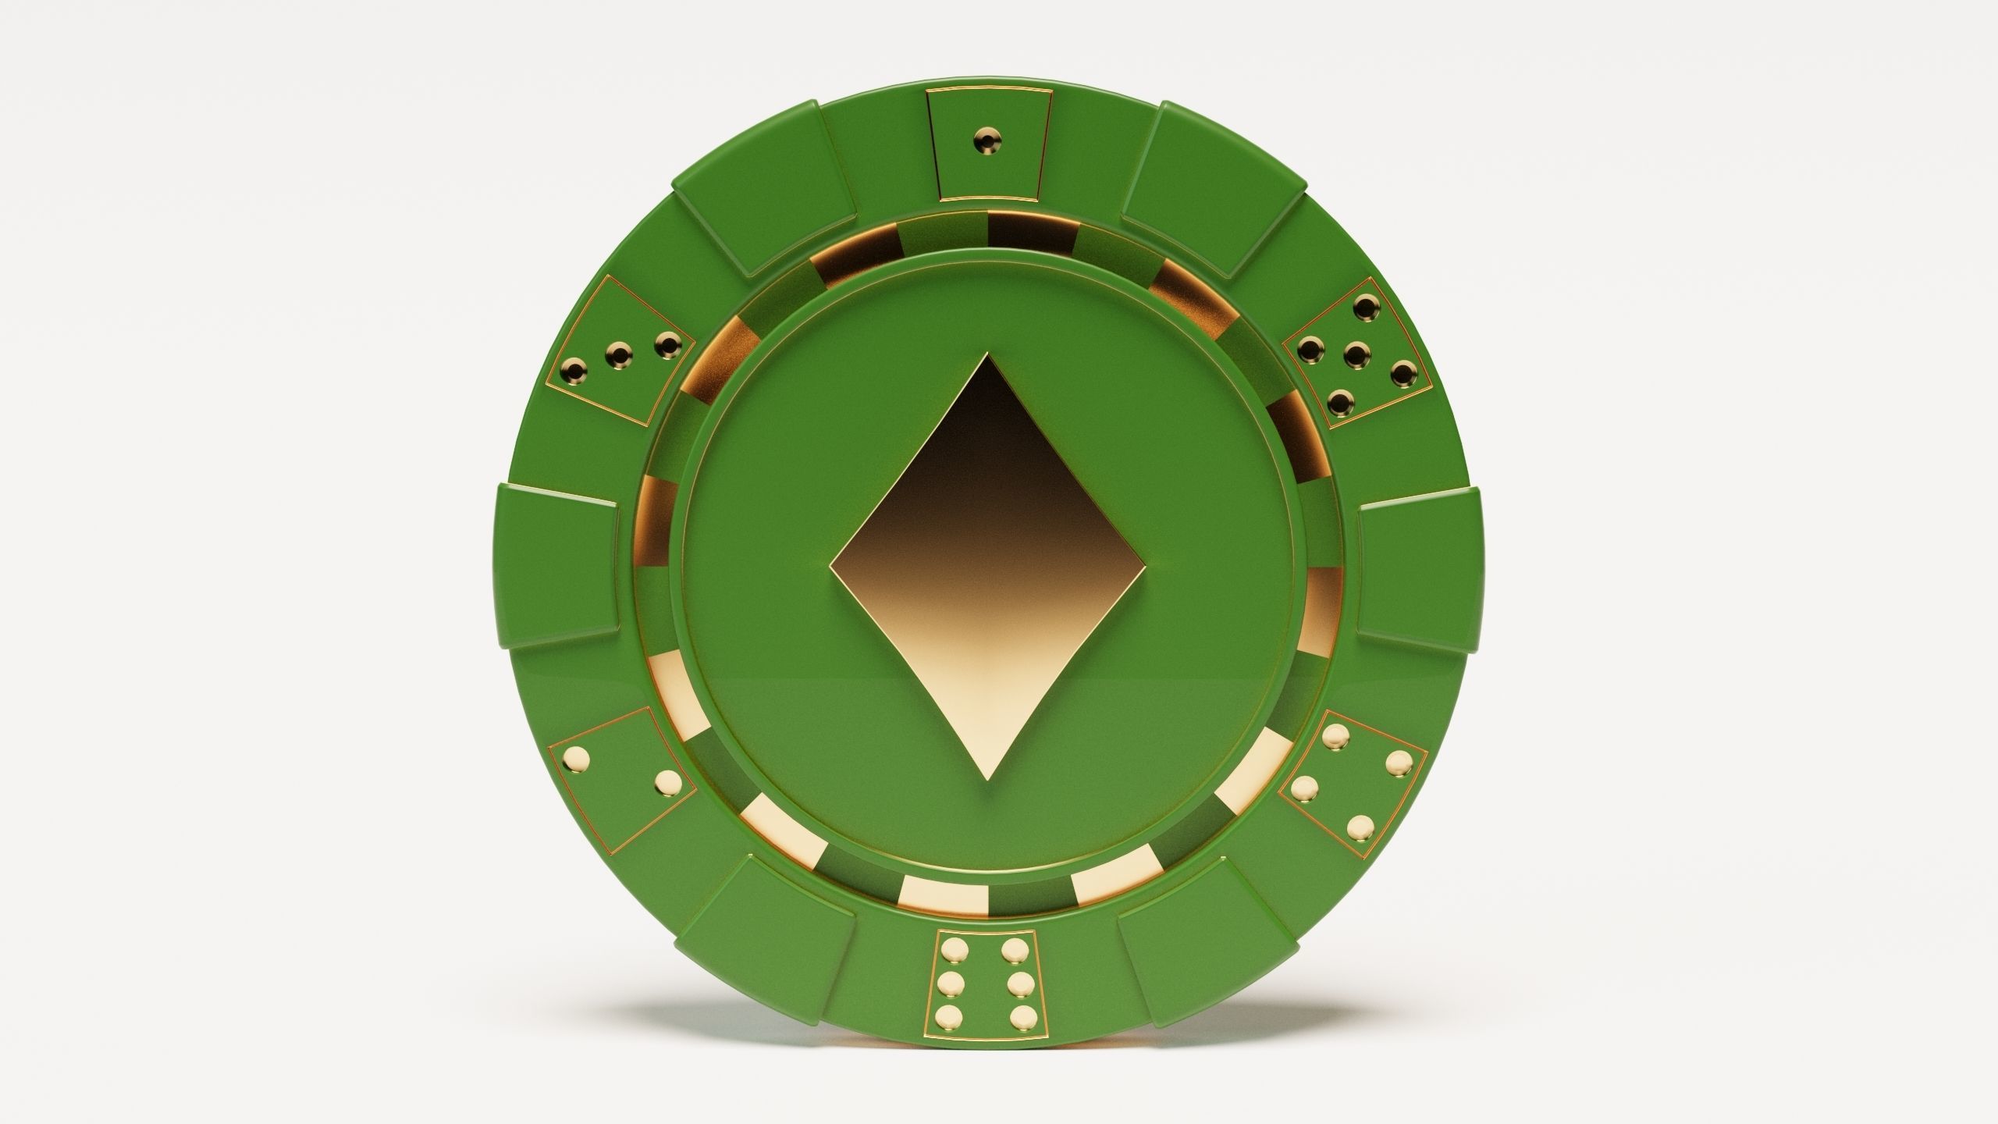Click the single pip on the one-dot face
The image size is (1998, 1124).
click(989, 141)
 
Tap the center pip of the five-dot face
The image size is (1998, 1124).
click(1359, 356)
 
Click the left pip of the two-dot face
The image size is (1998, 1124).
click(578, 756)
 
